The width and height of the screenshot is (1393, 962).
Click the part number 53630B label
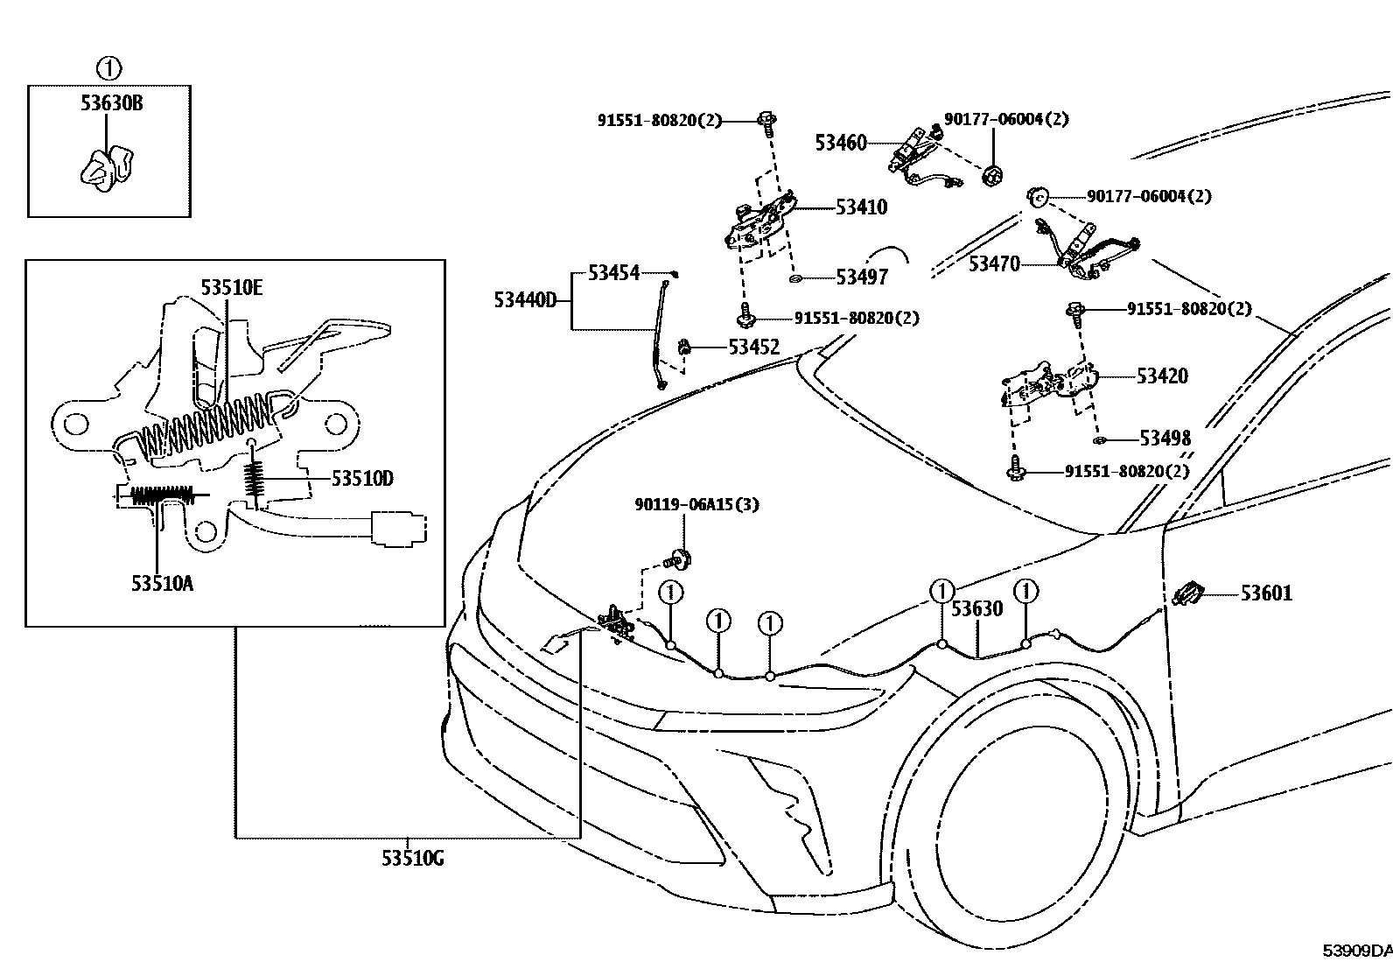(x=112, y=103)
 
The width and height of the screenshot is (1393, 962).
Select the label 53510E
(x=231, y=286)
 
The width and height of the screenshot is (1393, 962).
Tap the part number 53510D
(x=362, y=479)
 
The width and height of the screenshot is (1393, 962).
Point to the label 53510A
(x=162, y=583)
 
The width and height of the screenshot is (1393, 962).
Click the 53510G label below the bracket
(x=412, y=859)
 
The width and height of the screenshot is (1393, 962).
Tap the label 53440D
(x=525, y=300)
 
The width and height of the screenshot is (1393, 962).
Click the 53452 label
(x=753, y=347)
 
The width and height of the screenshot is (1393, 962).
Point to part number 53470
(x=994, y=263)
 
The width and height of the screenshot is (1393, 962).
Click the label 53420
(x=1162, y=376)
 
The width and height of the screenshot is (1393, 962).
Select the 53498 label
(x=1165, y=439)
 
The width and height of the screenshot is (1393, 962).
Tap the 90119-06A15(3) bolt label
(x=684, y=505)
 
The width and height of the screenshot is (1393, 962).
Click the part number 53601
(x=1266, y=593)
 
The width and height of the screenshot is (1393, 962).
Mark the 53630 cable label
(x=976, y=608)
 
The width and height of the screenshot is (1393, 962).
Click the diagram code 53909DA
(x=1355, y=951)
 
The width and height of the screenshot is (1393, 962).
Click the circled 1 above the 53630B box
(x=108, y=67)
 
